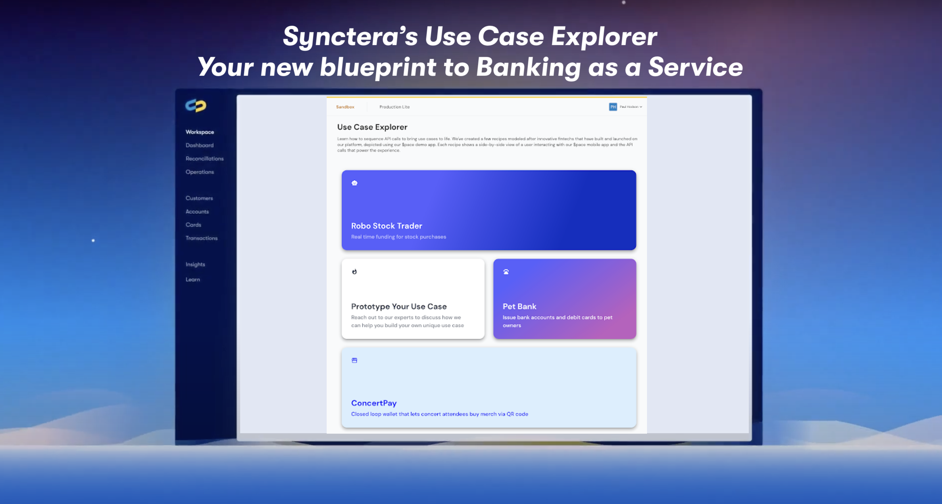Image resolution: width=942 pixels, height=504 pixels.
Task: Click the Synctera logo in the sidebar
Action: tap(196, 105)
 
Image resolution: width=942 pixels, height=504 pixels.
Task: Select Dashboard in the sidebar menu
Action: tap(199, 145)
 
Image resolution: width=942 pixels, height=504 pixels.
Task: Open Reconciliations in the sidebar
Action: tap(204, 158)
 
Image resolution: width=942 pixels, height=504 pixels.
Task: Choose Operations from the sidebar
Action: tap(200, 172)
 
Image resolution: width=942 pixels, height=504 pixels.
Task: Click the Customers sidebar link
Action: tap(199, 198)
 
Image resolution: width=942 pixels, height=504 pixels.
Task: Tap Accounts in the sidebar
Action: tap(197, 211)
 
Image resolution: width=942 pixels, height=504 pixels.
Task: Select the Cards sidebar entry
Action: tap(193, 225)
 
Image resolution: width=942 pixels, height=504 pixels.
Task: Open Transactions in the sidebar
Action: tap(201, 238)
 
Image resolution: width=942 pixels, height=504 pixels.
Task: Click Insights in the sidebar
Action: tap(195, 264)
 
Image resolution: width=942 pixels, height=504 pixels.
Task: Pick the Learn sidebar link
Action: tap(193, 279)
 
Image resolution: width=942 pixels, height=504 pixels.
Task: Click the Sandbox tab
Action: tap(345, 107)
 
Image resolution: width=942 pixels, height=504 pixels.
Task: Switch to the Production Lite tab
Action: tap(394, 107)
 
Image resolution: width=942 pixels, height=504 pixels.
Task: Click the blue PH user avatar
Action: tap(613, 107)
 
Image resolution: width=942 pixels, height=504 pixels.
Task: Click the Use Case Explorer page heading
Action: tap(372, 127)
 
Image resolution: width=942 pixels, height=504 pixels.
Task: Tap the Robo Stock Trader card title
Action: tap(387, 226)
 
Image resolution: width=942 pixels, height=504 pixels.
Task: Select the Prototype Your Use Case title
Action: tap(399, 306)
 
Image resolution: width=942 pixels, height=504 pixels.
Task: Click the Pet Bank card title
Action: tap(519, 306)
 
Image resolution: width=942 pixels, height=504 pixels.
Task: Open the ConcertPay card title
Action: tap(374, 403)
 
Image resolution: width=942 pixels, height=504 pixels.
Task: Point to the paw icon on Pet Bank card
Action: tap(506, 272)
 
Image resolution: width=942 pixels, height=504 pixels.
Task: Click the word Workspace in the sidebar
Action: tap(200, 132)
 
